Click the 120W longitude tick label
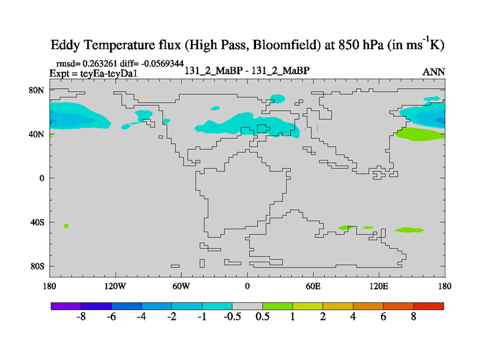pyautogui.click(x=115, y=286)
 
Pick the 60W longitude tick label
pyautogui.click(x=181, y=286)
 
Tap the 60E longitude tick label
pyautogui.click(x=313, y=286)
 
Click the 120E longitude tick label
pyautogui.click(x=379, y=286)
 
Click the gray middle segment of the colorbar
pyautogui.click(x=247, y=306)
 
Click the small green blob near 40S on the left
pyautogui.click(x=66, y=226)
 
